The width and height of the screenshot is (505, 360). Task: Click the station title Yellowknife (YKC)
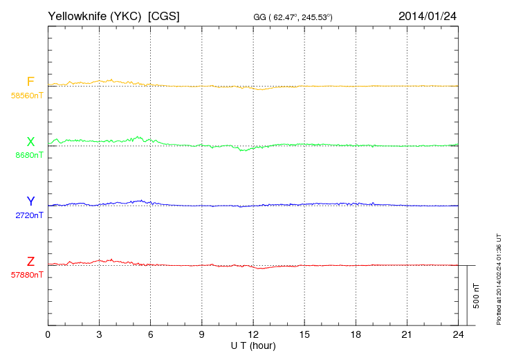(x=95, y=15)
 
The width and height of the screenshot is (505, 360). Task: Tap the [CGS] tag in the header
(x=164, y=15)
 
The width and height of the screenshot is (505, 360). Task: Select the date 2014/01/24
(x=427, y=15)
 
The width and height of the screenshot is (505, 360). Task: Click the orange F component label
(x=30, y=82)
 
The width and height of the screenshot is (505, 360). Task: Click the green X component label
(x=30, y=142)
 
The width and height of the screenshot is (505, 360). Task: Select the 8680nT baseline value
(x=28, y=155)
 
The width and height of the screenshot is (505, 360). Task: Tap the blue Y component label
(x=30, y=201)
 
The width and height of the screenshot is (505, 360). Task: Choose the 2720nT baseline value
(x=28, y=215)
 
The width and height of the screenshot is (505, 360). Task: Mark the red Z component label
(x=30, y=262)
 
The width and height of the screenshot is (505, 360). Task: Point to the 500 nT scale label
(x=476, y=296)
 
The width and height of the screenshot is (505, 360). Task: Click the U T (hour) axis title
(x=253, y=345)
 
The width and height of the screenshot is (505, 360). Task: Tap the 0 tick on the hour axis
(x=48, y=335)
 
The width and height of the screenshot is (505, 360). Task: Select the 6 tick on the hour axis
(x=151, y=335)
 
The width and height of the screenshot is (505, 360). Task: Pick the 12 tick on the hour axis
(x=253, y=335)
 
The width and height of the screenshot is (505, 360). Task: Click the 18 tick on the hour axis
(x=356, y=335)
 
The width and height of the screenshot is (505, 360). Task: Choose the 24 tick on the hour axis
(x=458, y=335)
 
